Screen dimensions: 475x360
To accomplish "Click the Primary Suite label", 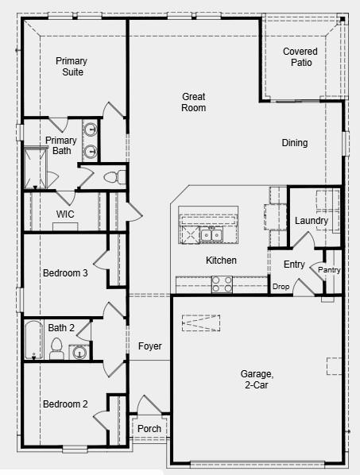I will [72, 67].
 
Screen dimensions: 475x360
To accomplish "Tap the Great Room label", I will [194, 102].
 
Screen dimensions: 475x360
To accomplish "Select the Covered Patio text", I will [301, 57].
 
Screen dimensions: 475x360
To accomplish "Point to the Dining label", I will [295, 143].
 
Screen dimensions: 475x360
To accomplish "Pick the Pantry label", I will [329, 270].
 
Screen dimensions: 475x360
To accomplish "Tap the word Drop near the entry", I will [281, 287].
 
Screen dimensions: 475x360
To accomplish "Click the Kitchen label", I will [221, 261].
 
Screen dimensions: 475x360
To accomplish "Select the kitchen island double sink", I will [211, 235].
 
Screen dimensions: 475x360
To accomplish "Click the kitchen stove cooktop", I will [222, 284].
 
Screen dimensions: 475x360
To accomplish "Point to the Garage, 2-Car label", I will [257, 379].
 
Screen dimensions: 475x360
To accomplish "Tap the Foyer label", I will [150, 346].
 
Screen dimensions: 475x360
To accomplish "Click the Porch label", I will [149, 429].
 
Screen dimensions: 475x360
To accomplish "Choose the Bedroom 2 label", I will [65, 404].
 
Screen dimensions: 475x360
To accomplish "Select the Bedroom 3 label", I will [65, 273].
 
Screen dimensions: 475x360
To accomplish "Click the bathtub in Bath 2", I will [33, 340].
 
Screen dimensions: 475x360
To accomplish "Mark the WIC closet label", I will [65, 214].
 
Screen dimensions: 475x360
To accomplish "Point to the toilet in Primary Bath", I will [112, 176].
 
